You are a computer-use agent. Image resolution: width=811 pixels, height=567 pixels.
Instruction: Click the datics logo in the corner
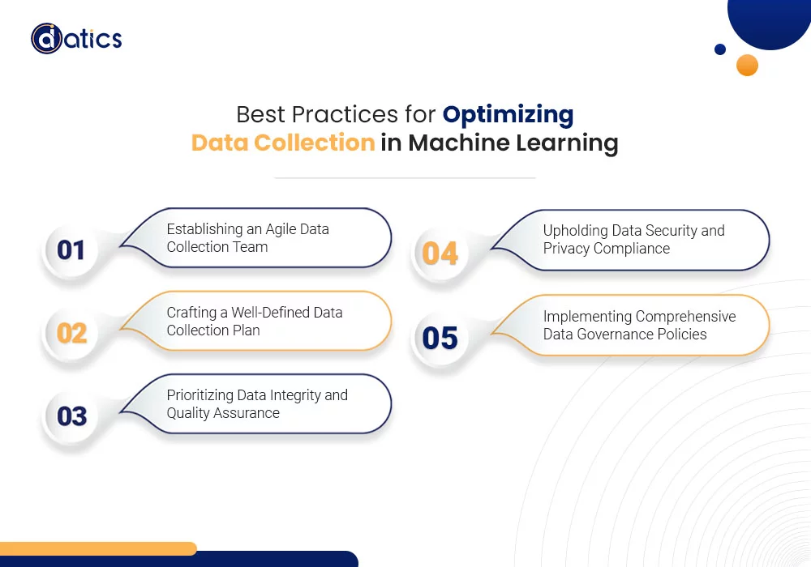(x=76, y=38)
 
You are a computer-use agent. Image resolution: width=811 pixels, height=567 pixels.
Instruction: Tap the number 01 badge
(x=71, y=250)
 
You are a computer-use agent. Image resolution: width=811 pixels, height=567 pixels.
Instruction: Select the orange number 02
(x=72, y=333)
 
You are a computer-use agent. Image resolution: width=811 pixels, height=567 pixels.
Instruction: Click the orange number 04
(x=440, y=253)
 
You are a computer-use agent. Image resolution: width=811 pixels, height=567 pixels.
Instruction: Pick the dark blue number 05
(x=440, y=339)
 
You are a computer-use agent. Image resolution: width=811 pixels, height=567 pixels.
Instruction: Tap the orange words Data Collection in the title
(x=283, y=143)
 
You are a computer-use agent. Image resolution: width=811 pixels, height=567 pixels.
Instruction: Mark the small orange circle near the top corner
(x=747, y=65)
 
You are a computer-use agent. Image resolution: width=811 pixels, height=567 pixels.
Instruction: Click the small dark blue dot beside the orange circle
(x=720, y=49)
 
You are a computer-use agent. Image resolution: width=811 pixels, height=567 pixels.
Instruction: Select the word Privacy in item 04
(x=566, y=249)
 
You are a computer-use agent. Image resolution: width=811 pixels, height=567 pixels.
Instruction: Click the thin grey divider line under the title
(x=405, y=177)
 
